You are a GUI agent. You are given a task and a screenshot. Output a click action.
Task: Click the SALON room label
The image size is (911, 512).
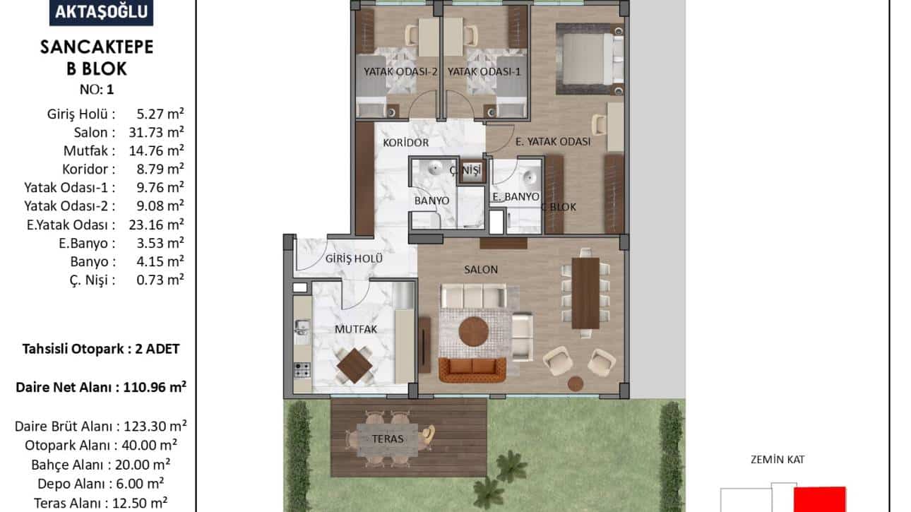481,269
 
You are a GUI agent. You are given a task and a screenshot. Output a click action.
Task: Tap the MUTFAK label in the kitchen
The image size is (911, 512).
356,329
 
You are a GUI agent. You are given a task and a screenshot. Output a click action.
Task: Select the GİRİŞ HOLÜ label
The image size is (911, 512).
354,258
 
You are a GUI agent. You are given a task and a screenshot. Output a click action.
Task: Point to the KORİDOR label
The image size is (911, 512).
406,143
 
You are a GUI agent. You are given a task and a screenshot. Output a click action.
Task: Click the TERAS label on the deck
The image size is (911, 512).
388,439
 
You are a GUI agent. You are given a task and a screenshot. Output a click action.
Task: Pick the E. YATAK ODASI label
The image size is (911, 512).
553,141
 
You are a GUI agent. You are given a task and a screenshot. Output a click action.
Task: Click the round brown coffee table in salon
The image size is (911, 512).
474,332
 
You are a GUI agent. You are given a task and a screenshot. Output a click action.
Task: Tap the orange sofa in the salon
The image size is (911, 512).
472,369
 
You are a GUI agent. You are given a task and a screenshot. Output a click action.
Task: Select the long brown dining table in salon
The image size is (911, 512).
585,293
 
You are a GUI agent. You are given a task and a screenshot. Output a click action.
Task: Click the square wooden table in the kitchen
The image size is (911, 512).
355,366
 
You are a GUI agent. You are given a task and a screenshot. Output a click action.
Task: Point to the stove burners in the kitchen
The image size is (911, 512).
302,370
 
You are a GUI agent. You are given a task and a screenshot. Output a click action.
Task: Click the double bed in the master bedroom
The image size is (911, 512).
590,59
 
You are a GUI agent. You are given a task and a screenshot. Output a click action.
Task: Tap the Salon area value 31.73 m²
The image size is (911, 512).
157,132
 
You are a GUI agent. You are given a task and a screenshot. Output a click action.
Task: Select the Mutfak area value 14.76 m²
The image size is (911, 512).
157,150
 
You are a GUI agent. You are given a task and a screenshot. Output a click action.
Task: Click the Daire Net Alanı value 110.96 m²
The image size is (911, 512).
155,387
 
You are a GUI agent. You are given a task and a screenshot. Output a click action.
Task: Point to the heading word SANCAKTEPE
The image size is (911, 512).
97,47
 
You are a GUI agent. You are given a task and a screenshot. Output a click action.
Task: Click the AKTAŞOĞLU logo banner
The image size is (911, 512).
101,12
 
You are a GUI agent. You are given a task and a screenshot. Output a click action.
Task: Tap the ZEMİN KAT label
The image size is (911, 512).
778,460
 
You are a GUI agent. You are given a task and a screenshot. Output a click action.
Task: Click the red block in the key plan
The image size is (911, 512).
820,499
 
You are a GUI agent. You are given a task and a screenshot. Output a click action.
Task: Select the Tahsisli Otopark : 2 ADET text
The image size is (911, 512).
101,349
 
